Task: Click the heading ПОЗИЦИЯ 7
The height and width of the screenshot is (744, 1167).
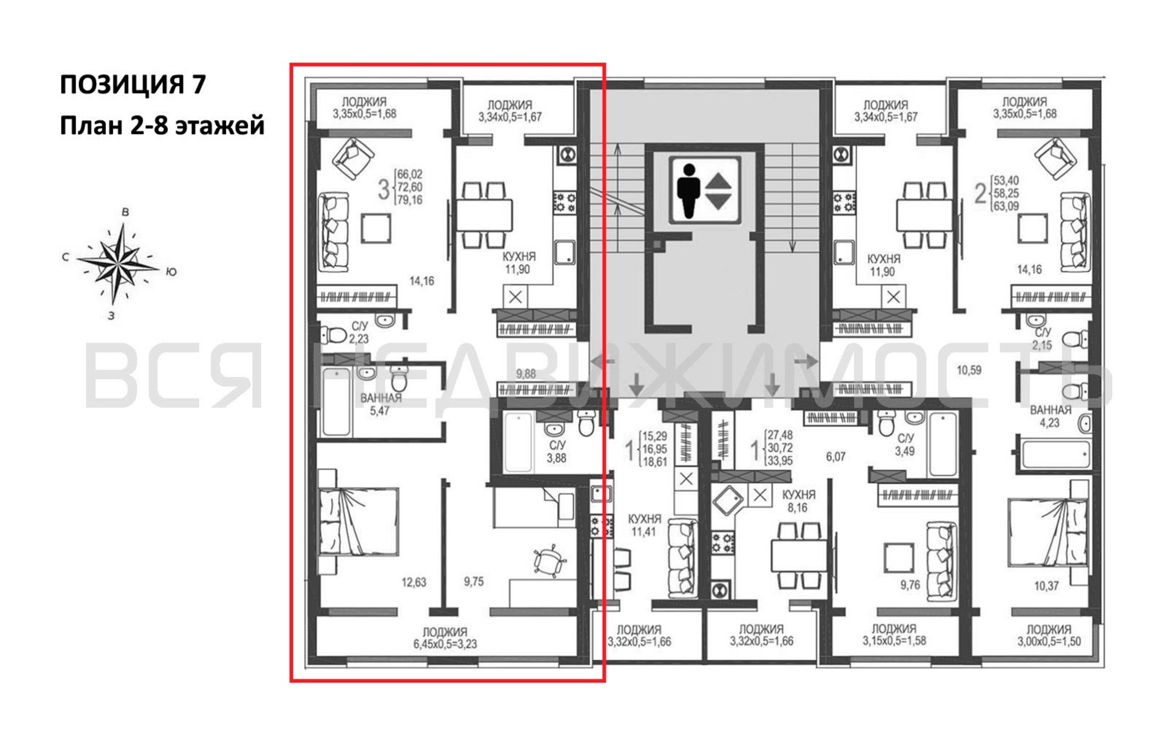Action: click(x=133, y=84)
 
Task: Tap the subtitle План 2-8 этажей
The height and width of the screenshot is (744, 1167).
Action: click(x=162, y=125)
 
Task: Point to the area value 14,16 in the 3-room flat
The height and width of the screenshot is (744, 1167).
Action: click(x=421, y=281)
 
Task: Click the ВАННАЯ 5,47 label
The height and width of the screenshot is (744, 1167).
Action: click(x=381, y=404)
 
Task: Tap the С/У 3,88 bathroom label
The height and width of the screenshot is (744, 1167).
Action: click(x=557, y=451)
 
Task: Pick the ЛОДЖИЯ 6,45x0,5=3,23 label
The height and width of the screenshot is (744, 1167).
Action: click(x=445, y=638)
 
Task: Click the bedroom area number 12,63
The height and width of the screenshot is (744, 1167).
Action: click(x=414, y=582)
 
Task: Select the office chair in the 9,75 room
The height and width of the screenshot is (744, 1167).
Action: click(x=549, y=561)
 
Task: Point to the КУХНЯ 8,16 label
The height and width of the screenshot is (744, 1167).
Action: click(x=799, y=501)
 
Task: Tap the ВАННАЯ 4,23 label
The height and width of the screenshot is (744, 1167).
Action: click(x=1050, y=416)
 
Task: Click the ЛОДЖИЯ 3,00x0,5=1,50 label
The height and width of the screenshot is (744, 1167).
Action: click(x=1049, y=635)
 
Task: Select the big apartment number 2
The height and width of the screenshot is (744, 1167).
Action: click(x=980, y=194)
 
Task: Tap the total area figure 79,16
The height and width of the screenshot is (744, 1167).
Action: click(x=410, y=200)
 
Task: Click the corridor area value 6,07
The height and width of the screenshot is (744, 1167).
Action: click(x=836, y=456)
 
